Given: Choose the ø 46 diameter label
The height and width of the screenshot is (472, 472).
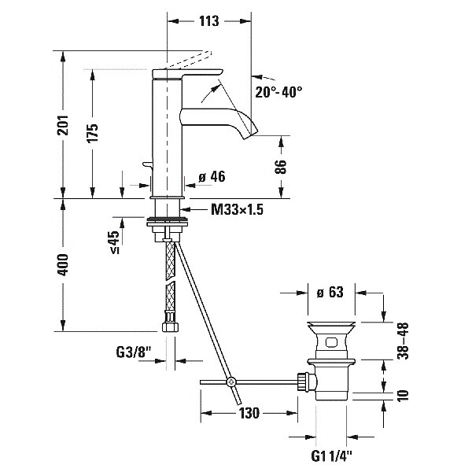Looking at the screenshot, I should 212,178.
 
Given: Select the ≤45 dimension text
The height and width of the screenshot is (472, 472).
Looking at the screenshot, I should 115,242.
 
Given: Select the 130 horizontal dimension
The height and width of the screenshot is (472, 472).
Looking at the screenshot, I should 250,413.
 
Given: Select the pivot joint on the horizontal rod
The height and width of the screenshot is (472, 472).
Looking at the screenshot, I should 231,382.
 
